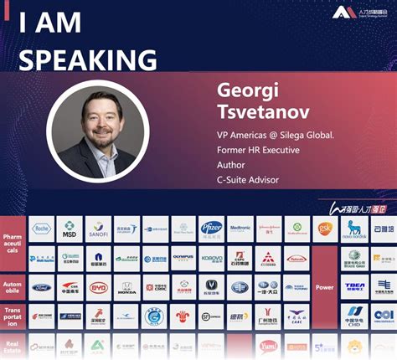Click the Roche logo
(42, 229)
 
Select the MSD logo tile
(70, 229)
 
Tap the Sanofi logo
(99, 229)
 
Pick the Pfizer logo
(211, 228)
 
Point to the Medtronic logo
(240, 229)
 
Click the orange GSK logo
(325, 228)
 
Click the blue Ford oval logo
(42, 287)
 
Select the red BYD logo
(99, 287)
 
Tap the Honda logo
(126, 287)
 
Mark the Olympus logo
(183, 257)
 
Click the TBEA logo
(354, 286)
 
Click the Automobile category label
(13, 286)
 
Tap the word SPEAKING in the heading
(87, 59)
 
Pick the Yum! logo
(268, 345)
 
